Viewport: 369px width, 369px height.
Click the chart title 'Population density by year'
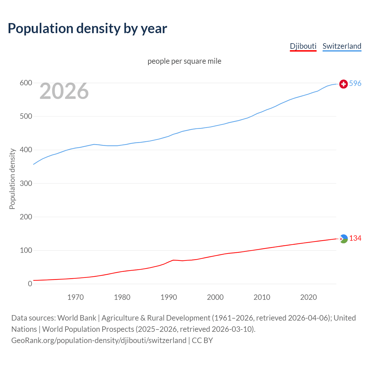[87, 29]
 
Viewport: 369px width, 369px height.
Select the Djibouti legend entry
[303, 46]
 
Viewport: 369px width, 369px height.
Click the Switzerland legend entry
[342, 46]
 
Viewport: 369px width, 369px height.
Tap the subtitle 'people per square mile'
[184, 61]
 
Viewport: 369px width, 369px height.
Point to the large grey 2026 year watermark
[64, 91]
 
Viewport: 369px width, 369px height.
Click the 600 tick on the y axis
[26, 83]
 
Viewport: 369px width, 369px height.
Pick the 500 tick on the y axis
[26, 116]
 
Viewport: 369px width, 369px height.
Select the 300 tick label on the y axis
[26, 183]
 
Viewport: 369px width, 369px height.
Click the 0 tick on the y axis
[30, 284]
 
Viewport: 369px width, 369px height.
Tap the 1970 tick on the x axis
[76, 297]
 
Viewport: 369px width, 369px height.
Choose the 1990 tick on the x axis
[169, 297]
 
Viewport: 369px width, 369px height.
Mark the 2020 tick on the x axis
[308, 297]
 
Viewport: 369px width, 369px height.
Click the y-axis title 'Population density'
[12, 179]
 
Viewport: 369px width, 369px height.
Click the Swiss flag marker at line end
[343, 84]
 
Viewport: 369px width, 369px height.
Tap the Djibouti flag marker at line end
[343, 239]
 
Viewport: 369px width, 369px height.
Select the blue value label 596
[355, 83]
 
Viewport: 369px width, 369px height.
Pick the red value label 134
[355, 238]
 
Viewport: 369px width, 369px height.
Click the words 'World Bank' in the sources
[77, 318]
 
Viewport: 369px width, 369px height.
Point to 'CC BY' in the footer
[202, 340]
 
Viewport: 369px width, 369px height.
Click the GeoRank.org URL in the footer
[99, 340]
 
